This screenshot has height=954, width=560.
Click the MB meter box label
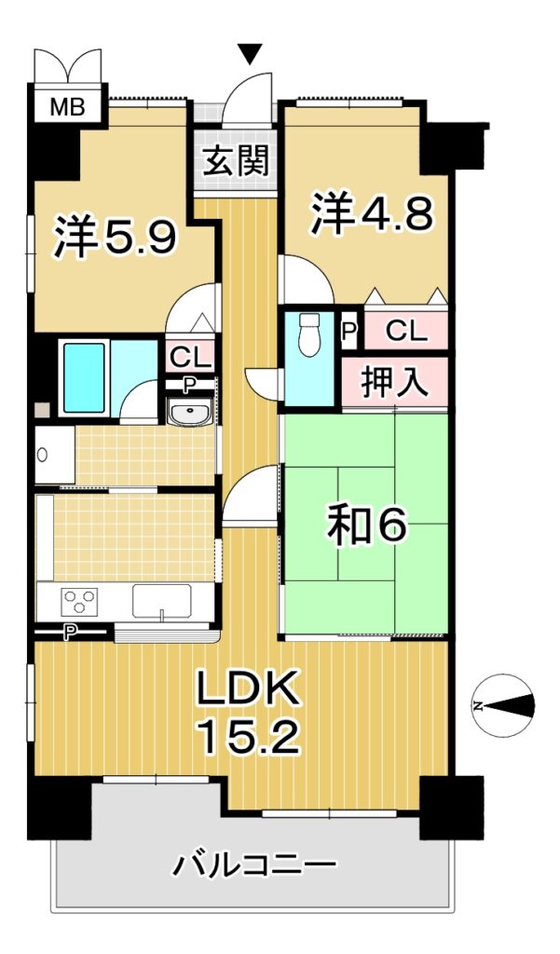tap(67, 107)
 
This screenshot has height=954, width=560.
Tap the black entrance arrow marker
tap(250, 54)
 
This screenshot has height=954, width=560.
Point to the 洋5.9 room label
tap(116, 237)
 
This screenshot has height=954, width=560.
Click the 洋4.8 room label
tap(373, 213)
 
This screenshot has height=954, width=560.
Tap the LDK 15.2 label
tap(249, 713)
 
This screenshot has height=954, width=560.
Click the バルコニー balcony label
tap(253, 865)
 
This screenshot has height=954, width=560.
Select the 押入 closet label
tap(395, 382)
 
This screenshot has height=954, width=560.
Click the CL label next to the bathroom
tap(190, 358)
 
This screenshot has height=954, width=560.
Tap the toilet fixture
tap(310, 334)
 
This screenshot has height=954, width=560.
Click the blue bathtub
tap(84, 378)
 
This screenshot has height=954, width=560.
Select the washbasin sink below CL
tap(190, 414)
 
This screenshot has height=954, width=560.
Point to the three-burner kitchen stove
tap(80, 602)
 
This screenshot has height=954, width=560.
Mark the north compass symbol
tap(504, 706)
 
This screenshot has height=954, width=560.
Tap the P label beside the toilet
tap(348, 332)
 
